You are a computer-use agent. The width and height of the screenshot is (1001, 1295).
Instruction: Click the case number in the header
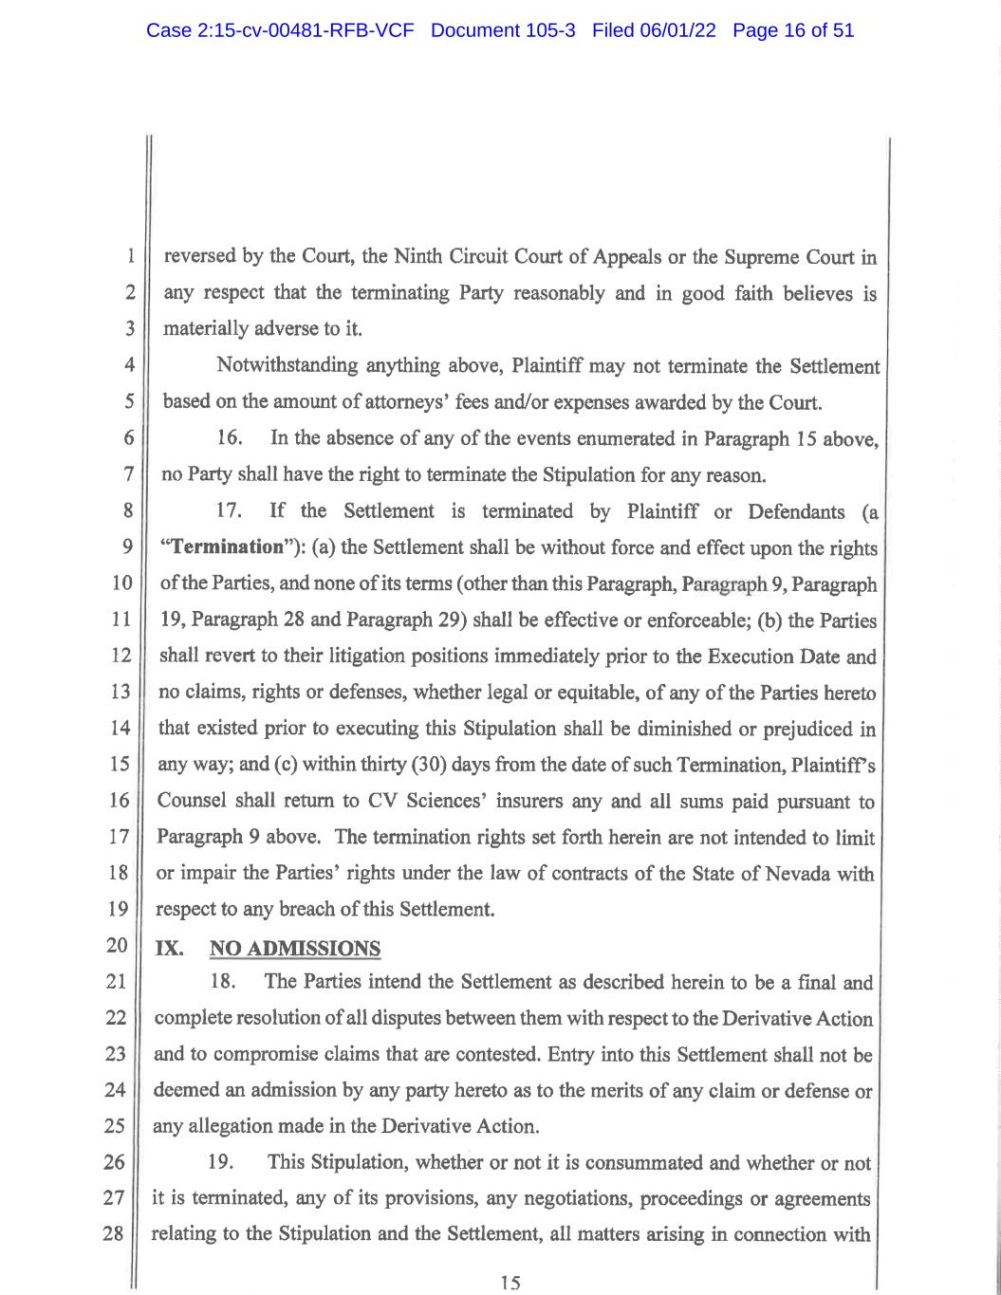point(280,30)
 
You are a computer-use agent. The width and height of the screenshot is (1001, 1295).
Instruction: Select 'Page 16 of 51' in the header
point(793,30)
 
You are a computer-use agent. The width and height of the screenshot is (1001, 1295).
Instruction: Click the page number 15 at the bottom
point(510,1283)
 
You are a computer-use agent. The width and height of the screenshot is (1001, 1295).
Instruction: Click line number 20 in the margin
point(117,946)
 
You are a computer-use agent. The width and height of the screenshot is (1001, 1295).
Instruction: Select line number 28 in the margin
point(115,1234)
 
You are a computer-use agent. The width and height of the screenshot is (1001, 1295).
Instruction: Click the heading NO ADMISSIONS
point(294,948)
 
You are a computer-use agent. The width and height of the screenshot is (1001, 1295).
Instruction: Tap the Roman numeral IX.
point(169,948)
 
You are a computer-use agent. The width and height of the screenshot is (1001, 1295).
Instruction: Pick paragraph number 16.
point(230,438)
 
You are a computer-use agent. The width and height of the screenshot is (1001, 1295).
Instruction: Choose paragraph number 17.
point(230,511)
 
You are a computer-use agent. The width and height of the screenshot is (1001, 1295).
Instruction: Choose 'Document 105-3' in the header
point(503,30)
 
